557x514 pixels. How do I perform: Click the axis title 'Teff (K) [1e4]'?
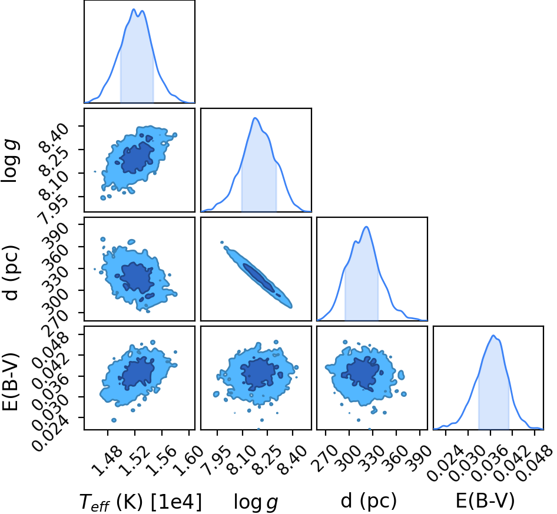point(141,502)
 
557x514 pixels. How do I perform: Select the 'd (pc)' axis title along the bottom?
point(369,501)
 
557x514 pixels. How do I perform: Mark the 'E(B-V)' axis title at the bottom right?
point(485,501)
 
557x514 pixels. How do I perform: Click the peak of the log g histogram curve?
point(255,118)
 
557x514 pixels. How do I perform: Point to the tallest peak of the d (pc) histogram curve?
point(366,227)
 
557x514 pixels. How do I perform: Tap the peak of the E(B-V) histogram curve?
point(493,336)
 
